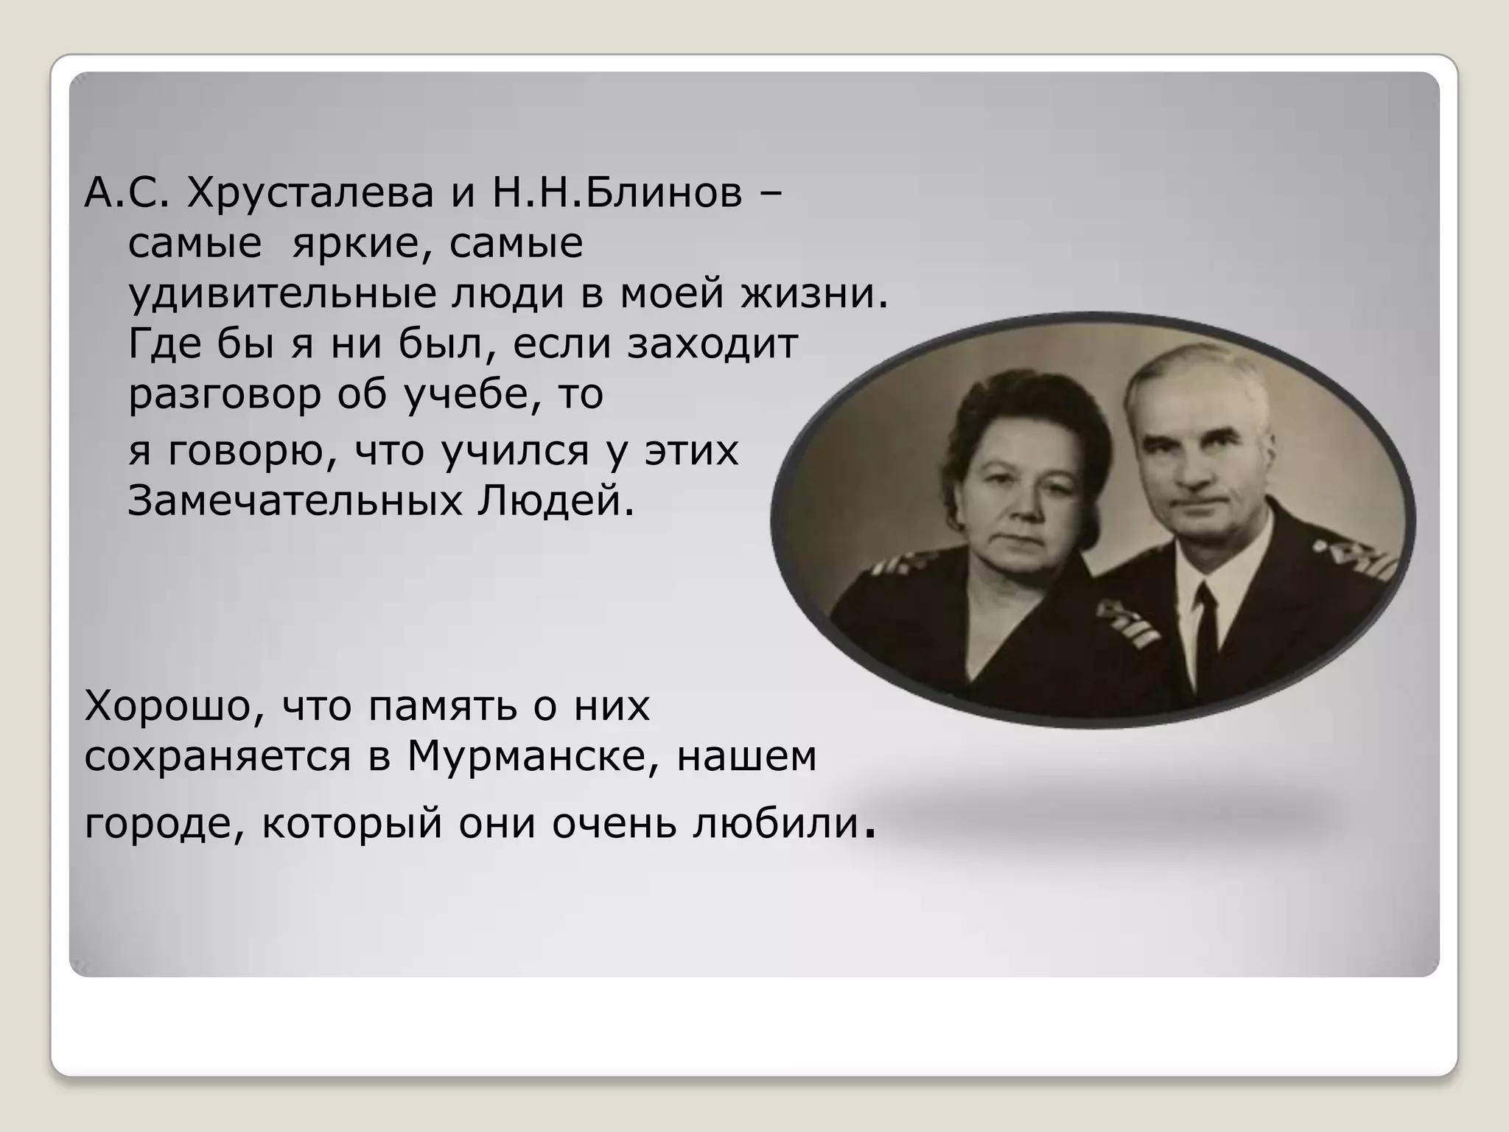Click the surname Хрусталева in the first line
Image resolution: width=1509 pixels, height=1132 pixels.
(310, 194)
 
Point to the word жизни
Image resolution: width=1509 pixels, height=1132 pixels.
(814, 293)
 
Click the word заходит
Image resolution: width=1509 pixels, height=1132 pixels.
(713, 343)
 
